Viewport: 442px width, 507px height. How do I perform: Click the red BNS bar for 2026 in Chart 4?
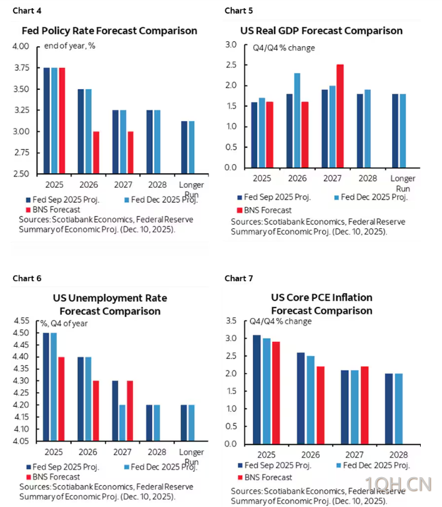coord(96,152)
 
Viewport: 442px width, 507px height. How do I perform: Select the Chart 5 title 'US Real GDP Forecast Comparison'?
coord(321,31)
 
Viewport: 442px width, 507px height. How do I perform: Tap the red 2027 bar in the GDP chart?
coord(340,116)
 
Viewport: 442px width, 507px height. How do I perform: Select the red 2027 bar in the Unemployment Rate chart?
coord(130,410)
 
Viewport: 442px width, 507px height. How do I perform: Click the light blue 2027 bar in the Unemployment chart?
coord(122,423)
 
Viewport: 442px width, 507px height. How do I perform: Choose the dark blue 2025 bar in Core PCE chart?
coord(257,390)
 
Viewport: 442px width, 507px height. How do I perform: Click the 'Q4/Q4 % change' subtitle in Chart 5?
coord(283,48)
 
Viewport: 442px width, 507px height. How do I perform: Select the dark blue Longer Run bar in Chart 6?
coord(184,423)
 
